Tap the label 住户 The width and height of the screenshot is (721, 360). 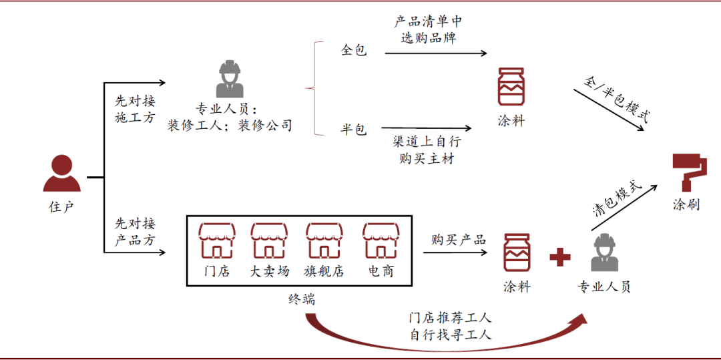point(61,206)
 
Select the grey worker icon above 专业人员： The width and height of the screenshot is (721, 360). point(230,79)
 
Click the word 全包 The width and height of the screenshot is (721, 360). point(354,51)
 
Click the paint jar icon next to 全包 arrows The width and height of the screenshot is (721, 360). point(511,87)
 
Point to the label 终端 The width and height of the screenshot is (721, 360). point(302,299)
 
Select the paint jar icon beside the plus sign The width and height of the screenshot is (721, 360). point(517,252)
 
